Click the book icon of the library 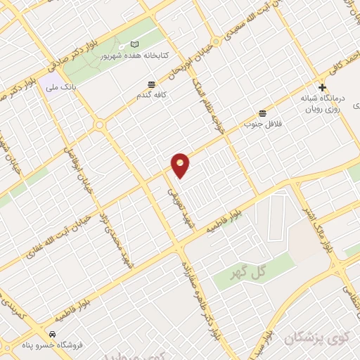coord(135,44)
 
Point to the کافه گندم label coord(151,93)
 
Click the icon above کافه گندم coord(151,83)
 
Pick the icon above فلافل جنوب coord(262,112)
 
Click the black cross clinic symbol coord(322,88)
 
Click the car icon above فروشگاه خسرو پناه coord(53,333)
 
